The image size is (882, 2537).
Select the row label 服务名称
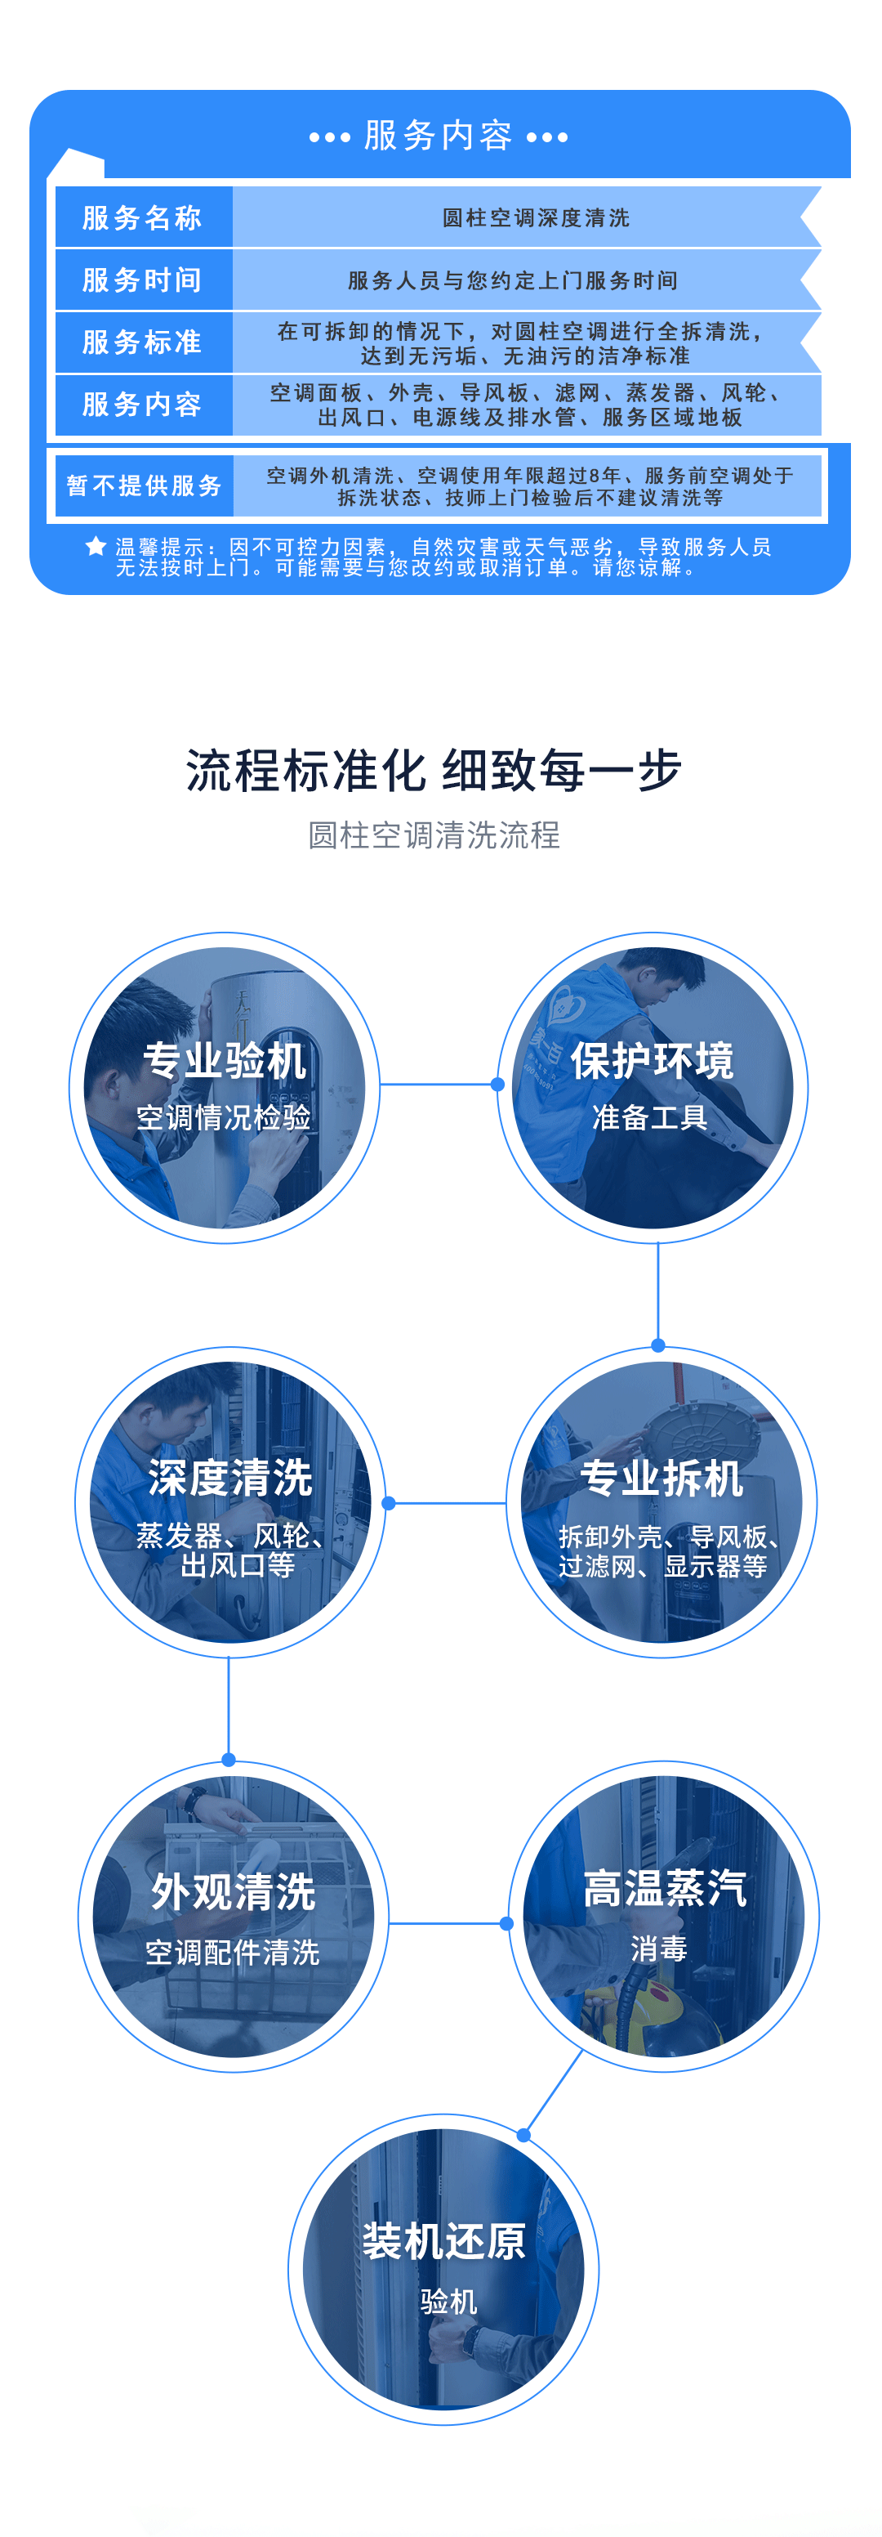tap(143, 217)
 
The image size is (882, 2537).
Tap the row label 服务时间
tap(143, 280)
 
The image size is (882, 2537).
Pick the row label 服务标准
tap(143, 342)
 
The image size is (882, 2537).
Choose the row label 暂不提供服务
tap(144, 485)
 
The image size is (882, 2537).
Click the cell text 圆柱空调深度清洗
tap(536, 217)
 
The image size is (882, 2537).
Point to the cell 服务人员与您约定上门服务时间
tap(513, 280)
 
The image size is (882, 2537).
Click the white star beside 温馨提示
tap(96, 547)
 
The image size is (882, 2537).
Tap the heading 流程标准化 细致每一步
tap(434, 770)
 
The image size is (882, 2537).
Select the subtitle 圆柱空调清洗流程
tap(434, 835)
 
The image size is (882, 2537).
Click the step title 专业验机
tap(225, 1061)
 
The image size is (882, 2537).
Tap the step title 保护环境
tap(652, 1061)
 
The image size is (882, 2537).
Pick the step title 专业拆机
tap(661, 1479)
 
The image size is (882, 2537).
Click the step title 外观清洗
tap(234, 1892)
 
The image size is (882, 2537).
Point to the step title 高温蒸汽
tap(665, 1888)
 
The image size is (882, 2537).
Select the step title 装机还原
tap(444, 2240)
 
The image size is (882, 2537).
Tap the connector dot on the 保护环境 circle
tap(498, 1085)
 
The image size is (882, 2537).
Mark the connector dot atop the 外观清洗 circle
tap(229, 1760)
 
